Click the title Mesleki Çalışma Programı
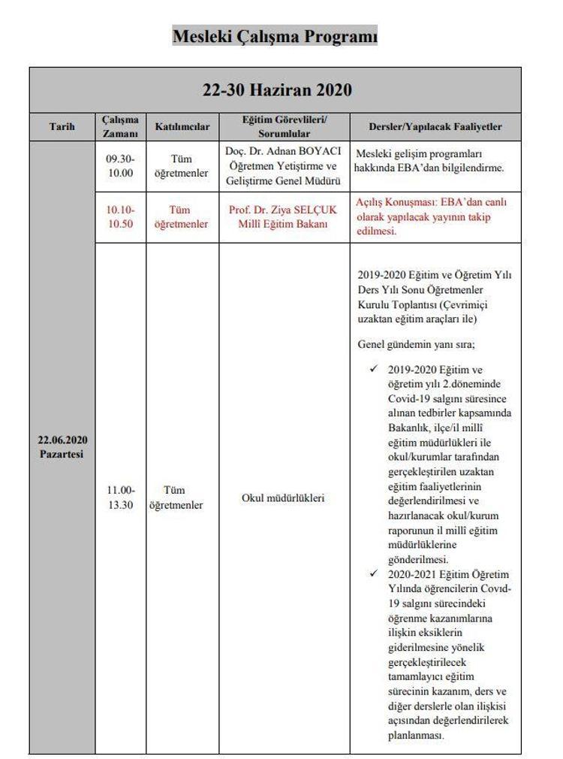(x=275, y=35)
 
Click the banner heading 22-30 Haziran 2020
(x=277, y=90)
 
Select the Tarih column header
(x=62, y=127)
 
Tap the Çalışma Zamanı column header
(x=120, y=127)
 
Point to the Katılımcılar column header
(x=182, y=127)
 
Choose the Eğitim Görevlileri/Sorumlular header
(x=285, y=127)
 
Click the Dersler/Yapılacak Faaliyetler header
(x=435, y=127)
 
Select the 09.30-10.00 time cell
(x=120, y=166)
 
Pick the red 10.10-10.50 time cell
(x=120, y=216)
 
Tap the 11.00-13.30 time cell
(x=120, y=497)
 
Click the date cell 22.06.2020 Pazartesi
(x=63, y=446)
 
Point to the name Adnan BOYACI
(x=309, y=151)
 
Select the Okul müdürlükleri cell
(x=283, y=497)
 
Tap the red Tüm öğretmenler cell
(x=181, y=216)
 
